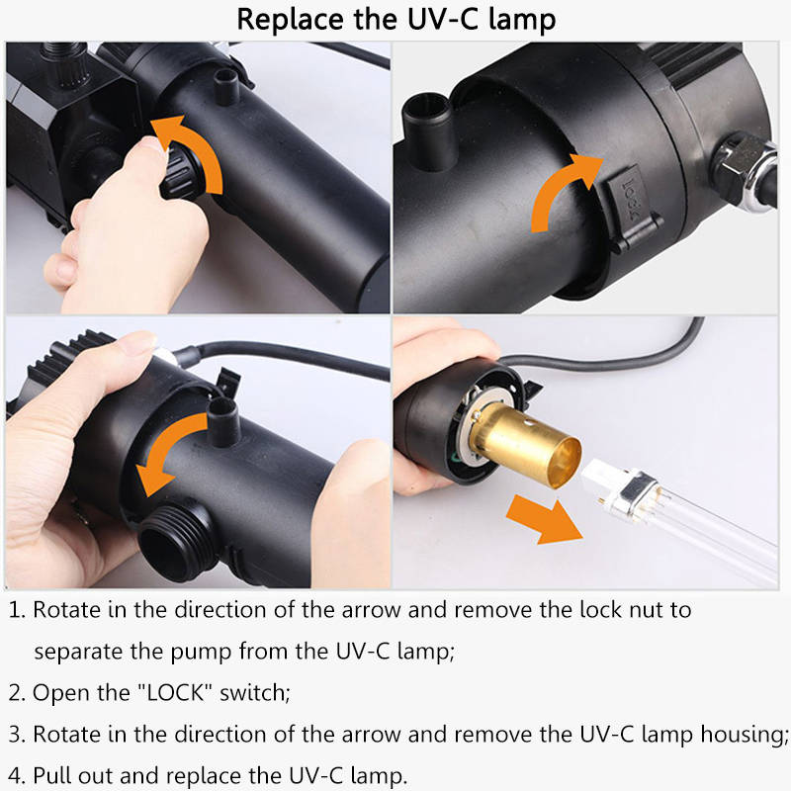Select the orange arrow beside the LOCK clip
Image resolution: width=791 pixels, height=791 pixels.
coord(564,191)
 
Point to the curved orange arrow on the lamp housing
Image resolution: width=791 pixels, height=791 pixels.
coord(166,449)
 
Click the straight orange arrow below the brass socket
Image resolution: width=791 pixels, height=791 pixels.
coord(545,520)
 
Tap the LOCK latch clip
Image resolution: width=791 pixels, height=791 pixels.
coord(632,207)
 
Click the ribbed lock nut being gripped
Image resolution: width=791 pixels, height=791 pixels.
coord(183,170)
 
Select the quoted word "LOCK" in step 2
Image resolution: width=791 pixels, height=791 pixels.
coord(175,693)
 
